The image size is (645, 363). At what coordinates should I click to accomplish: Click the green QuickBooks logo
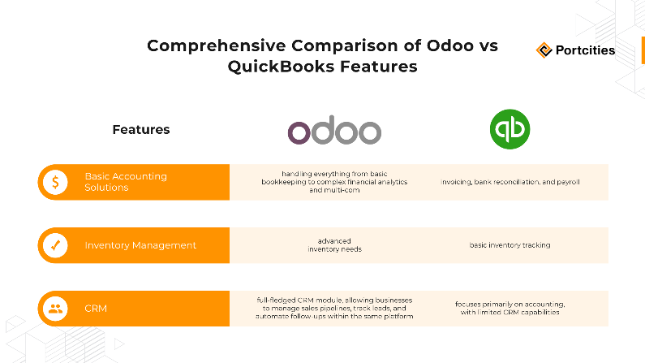(x=510, y=130)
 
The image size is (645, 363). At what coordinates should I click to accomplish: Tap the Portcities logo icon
(x=544, y=50)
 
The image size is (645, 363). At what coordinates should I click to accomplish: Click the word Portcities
(x=585, y=50)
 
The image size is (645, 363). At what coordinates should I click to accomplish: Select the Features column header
(x=141, y=129)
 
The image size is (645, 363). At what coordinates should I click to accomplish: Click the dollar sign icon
(x=55, y=182)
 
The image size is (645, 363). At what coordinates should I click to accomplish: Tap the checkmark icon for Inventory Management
(x=55, y=245)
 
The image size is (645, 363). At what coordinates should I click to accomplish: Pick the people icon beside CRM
(x=55, y=309)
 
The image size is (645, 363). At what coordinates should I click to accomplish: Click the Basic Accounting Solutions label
(x=126, y=182)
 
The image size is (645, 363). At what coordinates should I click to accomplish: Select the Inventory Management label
(x=140, y=245)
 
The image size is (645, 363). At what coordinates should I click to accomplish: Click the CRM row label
(x=96, y=309)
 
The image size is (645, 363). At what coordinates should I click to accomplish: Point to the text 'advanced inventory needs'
(x=334, y=245)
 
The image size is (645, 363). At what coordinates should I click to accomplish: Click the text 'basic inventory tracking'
(x=510, y=245)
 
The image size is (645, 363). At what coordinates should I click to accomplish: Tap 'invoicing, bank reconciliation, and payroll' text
(x=510, y=182)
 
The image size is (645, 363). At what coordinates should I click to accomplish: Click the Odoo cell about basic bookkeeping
(x=334, y=182)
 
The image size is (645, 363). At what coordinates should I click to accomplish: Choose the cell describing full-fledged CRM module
(x=334, y=309)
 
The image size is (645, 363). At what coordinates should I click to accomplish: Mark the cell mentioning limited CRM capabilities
(x=510, y=309)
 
